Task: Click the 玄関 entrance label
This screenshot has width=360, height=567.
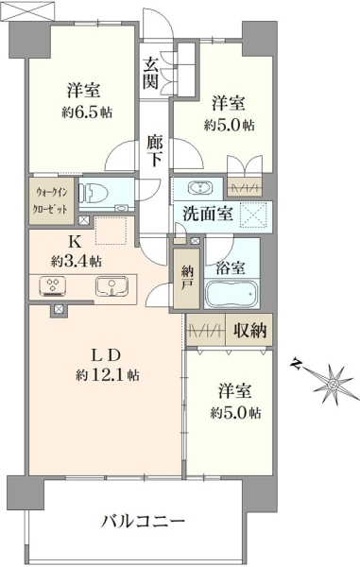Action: [x=150, y=74]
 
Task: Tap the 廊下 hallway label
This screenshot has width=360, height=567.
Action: [x=155, y=151]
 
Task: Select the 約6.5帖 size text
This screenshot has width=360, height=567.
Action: [x=87, y=112]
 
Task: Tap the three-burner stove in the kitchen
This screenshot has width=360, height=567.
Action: [x=53, y=286]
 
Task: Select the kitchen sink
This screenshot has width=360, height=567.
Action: [x=112, y=286]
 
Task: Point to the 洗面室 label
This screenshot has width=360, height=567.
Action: [x=207, y=214]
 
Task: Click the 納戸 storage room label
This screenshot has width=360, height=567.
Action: [x=186, y=278]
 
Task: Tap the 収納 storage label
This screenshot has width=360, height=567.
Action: [x=249, y=330]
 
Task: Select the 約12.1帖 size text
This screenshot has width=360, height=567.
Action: [x=108, y=376]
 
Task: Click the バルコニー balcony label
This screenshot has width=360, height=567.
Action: [x=143, y=522]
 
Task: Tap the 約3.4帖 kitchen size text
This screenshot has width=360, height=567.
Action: [x=76, y=261]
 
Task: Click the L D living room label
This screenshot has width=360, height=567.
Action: [x=105, y=356]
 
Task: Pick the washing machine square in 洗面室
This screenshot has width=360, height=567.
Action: [x=255, y=215]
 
